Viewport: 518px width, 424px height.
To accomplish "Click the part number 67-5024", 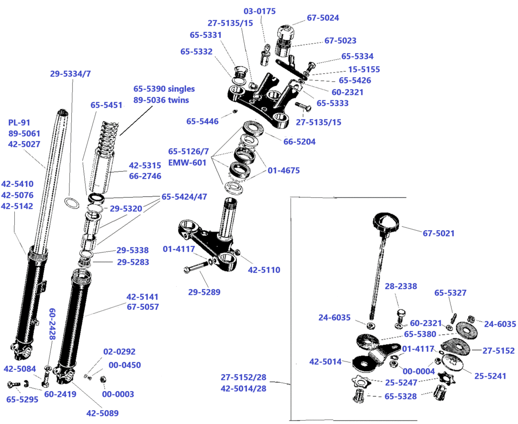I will pos(323,18).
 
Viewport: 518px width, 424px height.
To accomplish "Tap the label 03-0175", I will pos(259,11).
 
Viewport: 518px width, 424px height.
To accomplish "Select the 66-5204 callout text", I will pos(299,141).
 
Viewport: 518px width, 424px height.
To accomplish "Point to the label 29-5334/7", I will pos(70,74).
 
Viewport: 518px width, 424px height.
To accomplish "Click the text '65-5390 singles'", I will pos(164,89).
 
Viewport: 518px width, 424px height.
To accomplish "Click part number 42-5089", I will pos(102,413).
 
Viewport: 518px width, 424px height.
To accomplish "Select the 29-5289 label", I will pos(204,292).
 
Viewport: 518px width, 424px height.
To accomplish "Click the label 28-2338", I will pos(401,287).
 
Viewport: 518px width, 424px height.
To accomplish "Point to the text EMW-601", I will pos(187,163).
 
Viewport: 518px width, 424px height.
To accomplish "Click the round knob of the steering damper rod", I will pos(386,224).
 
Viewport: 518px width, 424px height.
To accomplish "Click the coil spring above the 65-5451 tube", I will pos(108,135).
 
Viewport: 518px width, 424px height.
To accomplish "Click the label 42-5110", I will pos(264,270).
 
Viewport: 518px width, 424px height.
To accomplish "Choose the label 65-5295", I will pos(22,399).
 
